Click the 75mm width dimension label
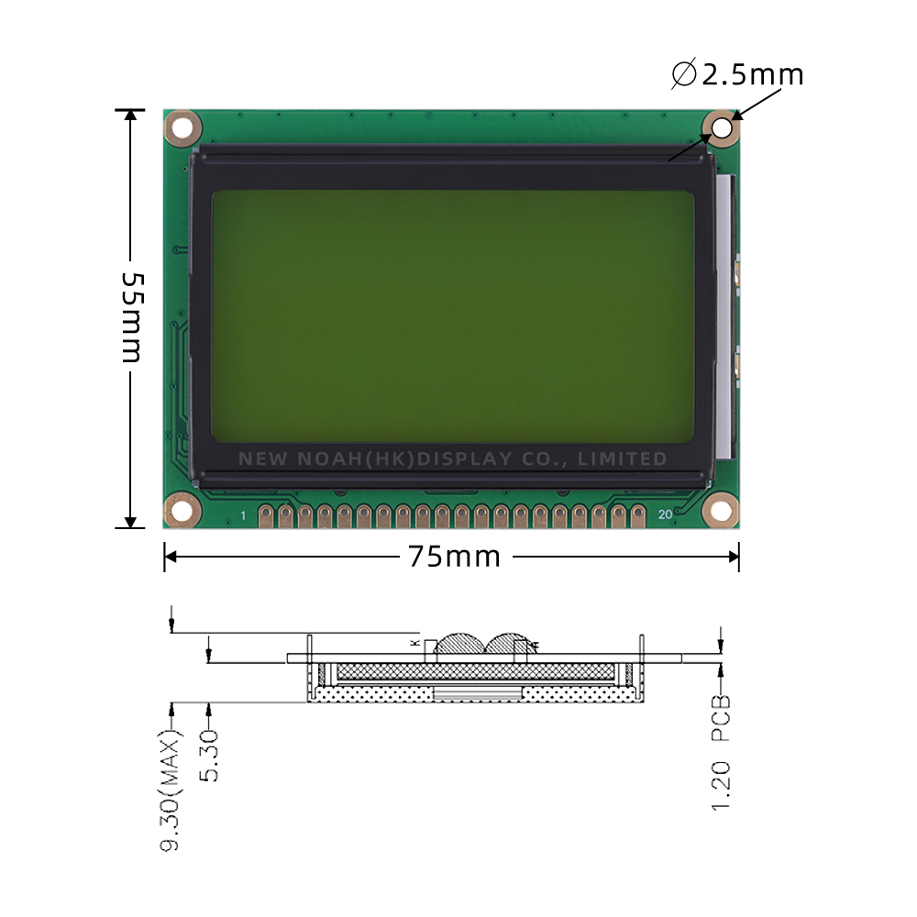click(x=455, y=556)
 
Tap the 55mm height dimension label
click(x=131, y=317)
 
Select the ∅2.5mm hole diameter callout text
click(x=737, y=73)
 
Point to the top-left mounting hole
click(x=182, y=128)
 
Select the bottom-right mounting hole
click(x=722, y=510)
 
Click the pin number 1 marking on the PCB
click(x=243, y=516)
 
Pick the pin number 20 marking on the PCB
click(x=665, y=515)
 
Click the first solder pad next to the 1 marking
click(x=267, y=515)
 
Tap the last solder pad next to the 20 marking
click(x=639, y=515)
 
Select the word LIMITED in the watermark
click(x=624, y=458)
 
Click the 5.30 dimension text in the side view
click(x=210, y=757)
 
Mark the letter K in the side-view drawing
click(x=415, y=643)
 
